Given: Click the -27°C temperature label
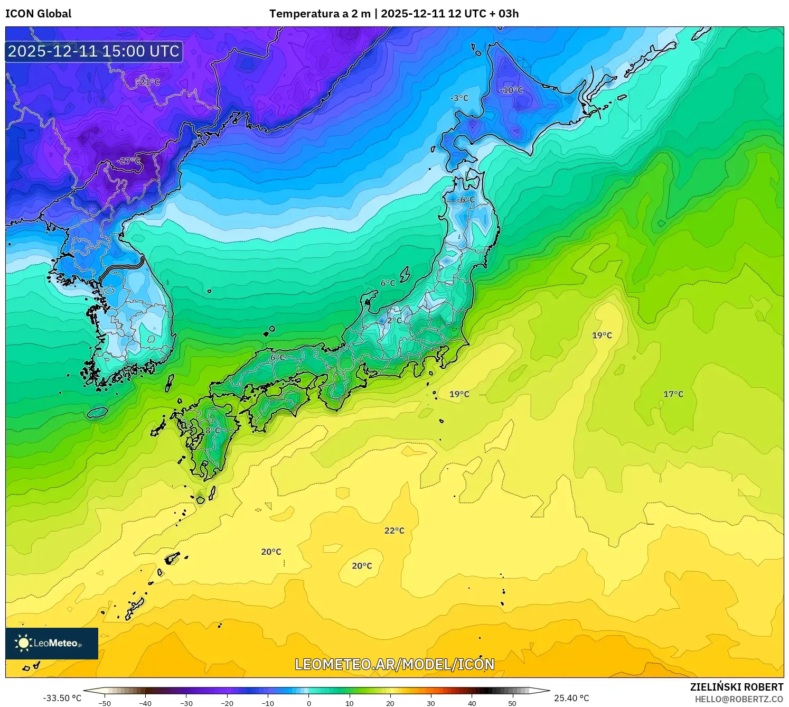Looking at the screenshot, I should (129, 161).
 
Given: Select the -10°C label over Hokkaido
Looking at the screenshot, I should (511, 90).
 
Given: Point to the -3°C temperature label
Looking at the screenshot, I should (459, 98).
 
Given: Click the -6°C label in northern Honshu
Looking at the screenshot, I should (466, 200).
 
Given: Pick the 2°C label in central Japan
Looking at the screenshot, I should (394, 320).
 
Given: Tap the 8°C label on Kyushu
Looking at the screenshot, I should (212, 430).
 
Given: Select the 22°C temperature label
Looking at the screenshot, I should (394, 531).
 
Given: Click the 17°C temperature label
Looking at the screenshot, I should (673, 394).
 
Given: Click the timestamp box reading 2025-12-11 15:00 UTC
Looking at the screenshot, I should (94, 51).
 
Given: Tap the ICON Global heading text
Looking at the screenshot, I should (38, 14).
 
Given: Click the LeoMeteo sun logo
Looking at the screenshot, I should (23, 643).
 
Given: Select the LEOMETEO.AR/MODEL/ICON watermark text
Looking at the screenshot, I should (394, 664).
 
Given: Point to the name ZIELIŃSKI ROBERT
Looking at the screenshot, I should (737, 687).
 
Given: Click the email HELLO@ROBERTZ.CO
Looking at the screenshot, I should (739, 699).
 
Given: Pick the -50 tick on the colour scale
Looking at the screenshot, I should (105, 703).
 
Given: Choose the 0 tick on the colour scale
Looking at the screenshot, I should (309, 703).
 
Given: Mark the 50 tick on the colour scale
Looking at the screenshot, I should (512, 703).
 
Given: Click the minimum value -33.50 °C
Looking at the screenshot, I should (62, 698).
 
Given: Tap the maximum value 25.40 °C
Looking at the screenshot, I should (571, 698).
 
